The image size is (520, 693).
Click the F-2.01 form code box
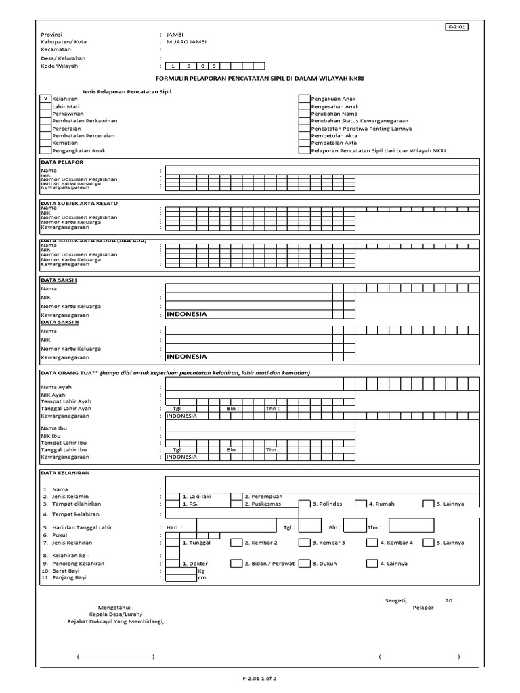(456, 27)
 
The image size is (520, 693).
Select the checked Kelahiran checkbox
(45, 99)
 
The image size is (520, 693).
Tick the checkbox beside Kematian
(45, 143)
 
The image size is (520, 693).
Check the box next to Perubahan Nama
(304, 114)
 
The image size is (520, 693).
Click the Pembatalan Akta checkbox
(304, 143)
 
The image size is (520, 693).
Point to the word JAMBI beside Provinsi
(175, 34)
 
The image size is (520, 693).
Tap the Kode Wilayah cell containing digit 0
(200, 66)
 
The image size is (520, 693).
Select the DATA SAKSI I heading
(59, 280)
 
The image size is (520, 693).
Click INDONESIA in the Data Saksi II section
(186, 356)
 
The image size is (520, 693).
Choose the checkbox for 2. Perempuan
(236, 496)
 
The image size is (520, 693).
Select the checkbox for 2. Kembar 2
(236, 543)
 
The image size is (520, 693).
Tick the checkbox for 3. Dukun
(304, 563)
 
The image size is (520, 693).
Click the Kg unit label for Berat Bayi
(201, 571)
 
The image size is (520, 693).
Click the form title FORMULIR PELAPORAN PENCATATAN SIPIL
(259, 79)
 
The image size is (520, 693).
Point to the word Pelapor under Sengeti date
(422, 608)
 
